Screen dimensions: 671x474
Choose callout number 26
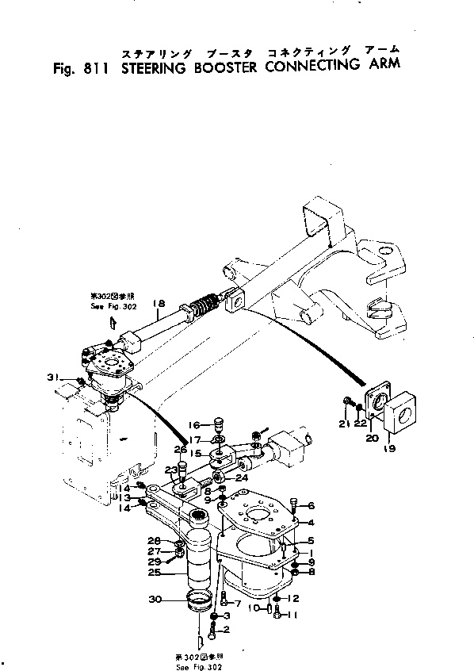click(x=182, y=450)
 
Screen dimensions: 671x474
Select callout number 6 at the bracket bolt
click(x=312, y=505)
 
